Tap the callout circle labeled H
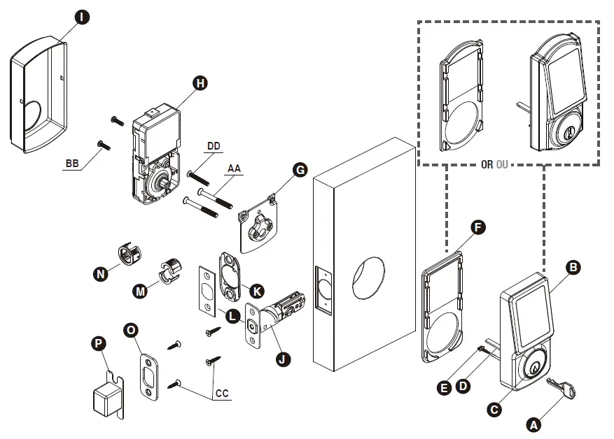pos(201,83)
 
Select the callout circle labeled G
pos(300,170)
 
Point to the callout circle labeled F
pos(478,227)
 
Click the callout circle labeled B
pos(573,267)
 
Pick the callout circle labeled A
pos(533,424)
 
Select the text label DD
pos(214,146)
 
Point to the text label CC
pos(222,394)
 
